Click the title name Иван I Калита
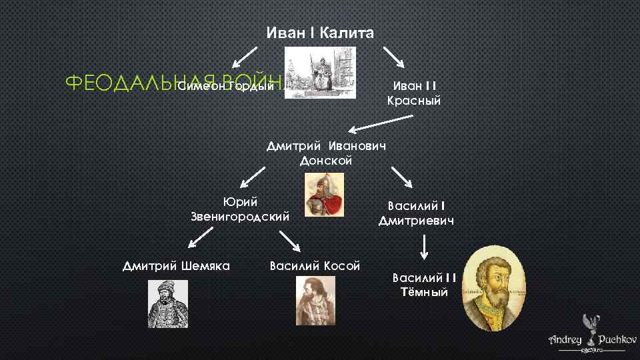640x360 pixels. pos(320,33)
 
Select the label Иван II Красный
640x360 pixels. pos(413,93)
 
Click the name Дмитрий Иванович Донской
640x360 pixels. pos(326,153)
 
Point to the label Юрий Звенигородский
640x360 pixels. pos(240,209)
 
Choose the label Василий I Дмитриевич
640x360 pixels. pos(416,213)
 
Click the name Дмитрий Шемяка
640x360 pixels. pos(177,266)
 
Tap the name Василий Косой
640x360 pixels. pos(315,266)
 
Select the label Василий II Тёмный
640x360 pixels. pos(424,285)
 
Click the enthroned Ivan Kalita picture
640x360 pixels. pos(319,73)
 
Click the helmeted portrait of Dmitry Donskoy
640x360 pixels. pos(324,194)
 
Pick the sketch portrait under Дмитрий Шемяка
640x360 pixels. pos(167,303)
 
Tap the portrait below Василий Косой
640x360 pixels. pos(315,301)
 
